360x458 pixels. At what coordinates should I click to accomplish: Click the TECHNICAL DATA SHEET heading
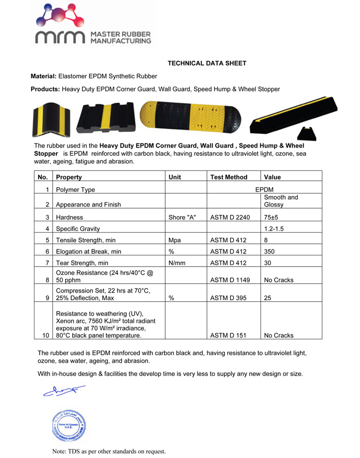point(207,64)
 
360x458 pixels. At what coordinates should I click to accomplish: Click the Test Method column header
point(229,177)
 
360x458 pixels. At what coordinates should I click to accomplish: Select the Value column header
point(273,177)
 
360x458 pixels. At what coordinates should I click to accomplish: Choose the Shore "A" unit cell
point(183,217)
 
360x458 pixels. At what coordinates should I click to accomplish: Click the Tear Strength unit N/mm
point(177,263)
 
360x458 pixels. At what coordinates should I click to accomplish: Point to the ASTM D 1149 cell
point(230,280)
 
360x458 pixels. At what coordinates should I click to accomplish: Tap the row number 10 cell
point(46,336)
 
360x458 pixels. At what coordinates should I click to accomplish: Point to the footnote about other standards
point(109,451)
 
